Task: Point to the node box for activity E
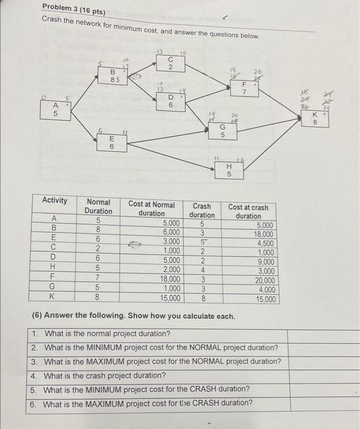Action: coord(112,142)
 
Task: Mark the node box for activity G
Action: coord(223,131)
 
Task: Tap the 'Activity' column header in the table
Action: coord(55,201)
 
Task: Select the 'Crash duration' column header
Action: coord(202,211)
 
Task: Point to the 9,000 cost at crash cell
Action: coord(266,262)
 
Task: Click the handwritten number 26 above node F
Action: coord(258,72)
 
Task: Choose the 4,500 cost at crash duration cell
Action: coord(265,243)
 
